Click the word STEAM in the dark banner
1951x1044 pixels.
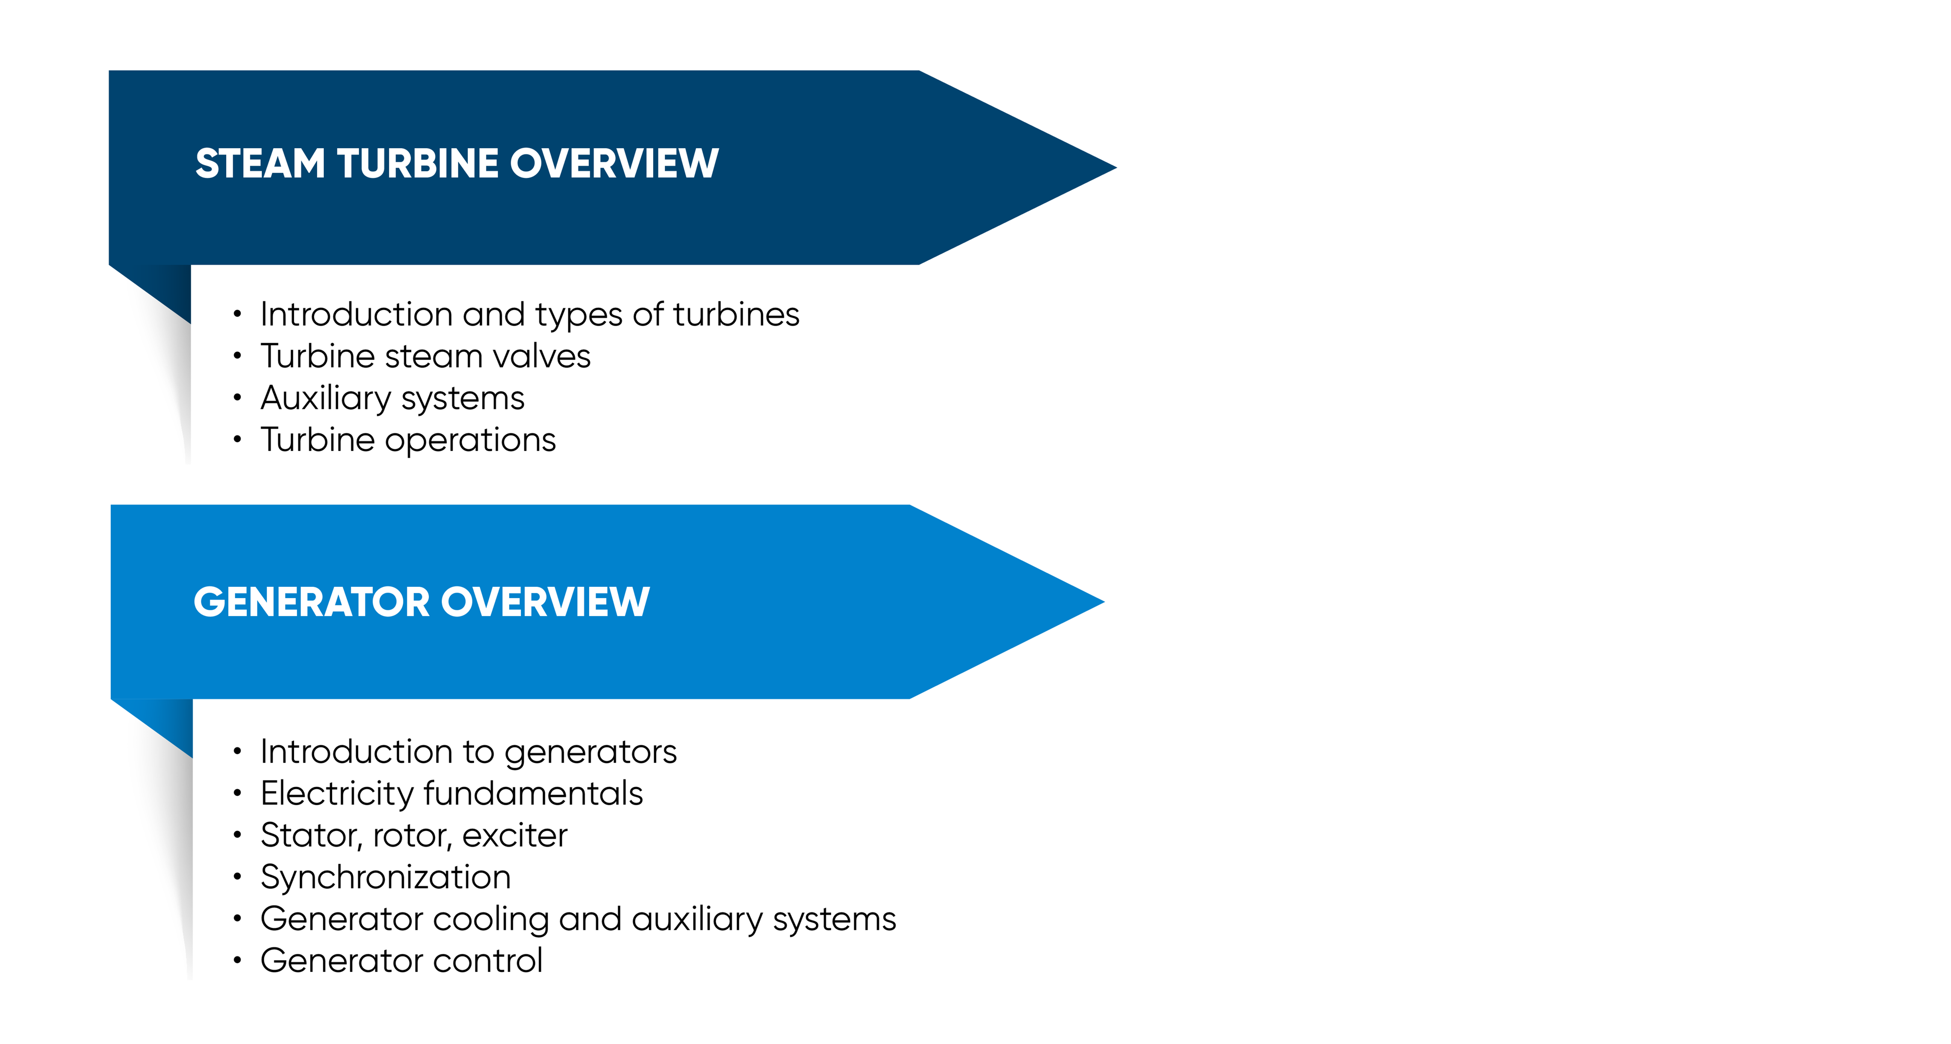tap(260, 164)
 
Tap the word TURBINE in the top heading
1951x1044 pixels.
tap(418, 164)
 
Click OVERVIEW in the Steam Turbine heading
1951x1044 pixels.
tap(614, 164)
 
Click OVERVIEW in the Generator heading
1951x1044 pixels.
tap(545, 602)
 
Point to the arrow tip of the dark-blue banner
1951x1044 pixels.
tap(1116, 167)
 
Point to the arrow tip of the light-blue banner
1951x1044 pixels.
tap(1104, 602)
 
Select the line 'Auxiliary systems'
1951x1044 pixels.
tap(392, 398)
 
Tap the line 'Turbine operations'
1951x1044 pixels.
tap(408, 440)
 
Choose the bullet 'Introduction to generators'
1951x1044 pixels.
tap(468, 752)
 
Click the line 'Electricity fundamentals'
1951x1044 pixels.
tap(451, 793)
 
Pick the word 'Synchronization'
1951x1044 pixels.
tap(385, 877)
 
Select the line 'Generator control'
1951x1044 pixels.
tap(401, 961)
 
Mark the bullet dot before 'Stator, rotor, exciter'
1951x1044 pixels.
tap(237, 835)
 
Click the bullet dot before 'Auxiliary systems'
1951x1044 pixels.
tap(237, 397)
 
